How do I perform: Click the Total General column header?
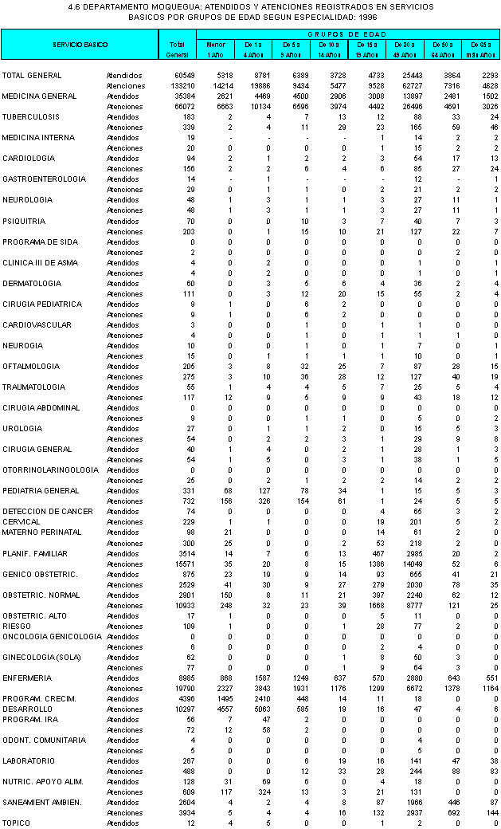point(176,49)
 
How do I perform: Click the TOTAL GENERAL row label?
point(28,75)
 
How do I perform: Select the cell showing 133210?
point(174,85)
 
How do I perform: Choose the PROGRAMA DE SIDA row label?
point(40,242)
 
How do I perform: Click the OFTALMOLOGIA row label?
point(31,366)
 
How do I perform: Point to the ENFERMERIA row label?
point(26,678)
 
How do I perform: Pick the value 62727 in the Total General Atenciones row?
point(404,85)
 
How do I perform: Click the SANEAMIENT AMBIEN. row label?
point(41,802)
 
